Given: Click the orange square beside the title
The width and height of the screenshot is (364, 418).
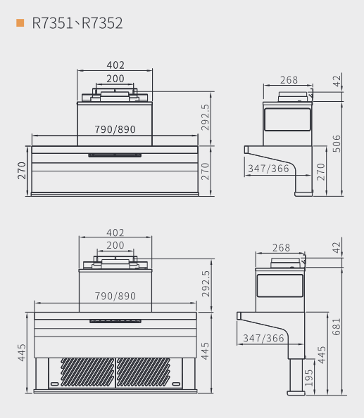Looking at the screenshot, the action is [x=20, y=23].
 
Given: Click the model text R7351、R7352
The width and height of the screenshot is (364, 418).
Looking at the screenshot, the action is [x=77, y=23].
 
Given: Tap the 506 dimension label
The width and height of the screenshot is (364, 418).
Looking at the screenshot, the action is [x=337, y=144].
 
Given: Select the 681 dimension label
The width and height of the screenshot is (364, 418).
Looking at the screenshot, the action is [x=337, y=327].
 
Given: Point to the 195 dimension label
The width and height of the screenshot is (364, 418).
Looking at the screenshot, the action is [x=308, y=378].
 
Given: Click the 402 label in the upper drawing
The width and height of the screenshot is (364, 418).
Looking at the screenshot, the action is [x=115, y=65].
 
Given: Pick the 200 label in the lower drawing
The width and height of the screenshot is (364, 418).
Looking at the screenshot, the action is [x=115, y=245].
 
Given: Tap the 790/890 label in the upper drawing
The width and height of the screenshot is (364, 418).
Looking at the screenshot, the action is [x=115, y=129].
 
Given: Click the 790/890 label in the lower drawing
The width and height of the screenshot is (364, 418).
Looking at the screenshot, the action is [x=115, y=296].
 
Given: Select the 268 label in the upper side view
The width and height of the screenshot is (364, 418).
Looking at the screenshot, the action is [x=289, y=80].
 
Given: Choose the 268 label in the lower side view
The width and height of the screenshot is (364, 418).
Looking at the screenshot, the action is [x=281, y=248].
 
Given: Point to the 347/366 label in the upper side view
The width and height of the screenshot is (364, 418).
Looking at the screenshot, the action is [x=268, y=169].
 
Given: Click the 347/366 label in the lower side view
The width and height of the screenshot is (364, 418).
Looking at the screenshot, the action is [x=263, y=339].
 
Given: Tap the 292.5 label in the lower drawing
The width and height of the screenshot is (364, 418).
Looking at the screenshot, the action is [x=206, y=284].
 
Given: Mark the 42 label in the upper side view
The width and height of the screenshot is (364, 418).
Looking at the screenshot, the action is [x=337, y=81].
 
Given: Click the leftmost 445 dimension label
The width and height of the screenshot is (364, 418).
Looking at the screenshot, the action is [x=22, y=353].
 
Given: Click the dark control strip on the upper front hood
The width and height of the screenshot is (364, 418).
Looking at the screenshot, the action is [x=115, y=155].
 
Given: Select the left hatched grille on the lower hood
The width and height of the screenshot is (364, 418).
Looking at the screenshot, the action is [x=87, y=372].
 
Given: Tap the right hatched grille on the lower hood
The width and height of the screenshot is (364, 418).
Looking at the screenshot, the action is [x=143, y=372].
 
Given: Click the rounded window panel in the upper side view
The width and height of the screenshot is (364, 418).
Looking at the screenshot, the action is [x=287, y=119].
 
